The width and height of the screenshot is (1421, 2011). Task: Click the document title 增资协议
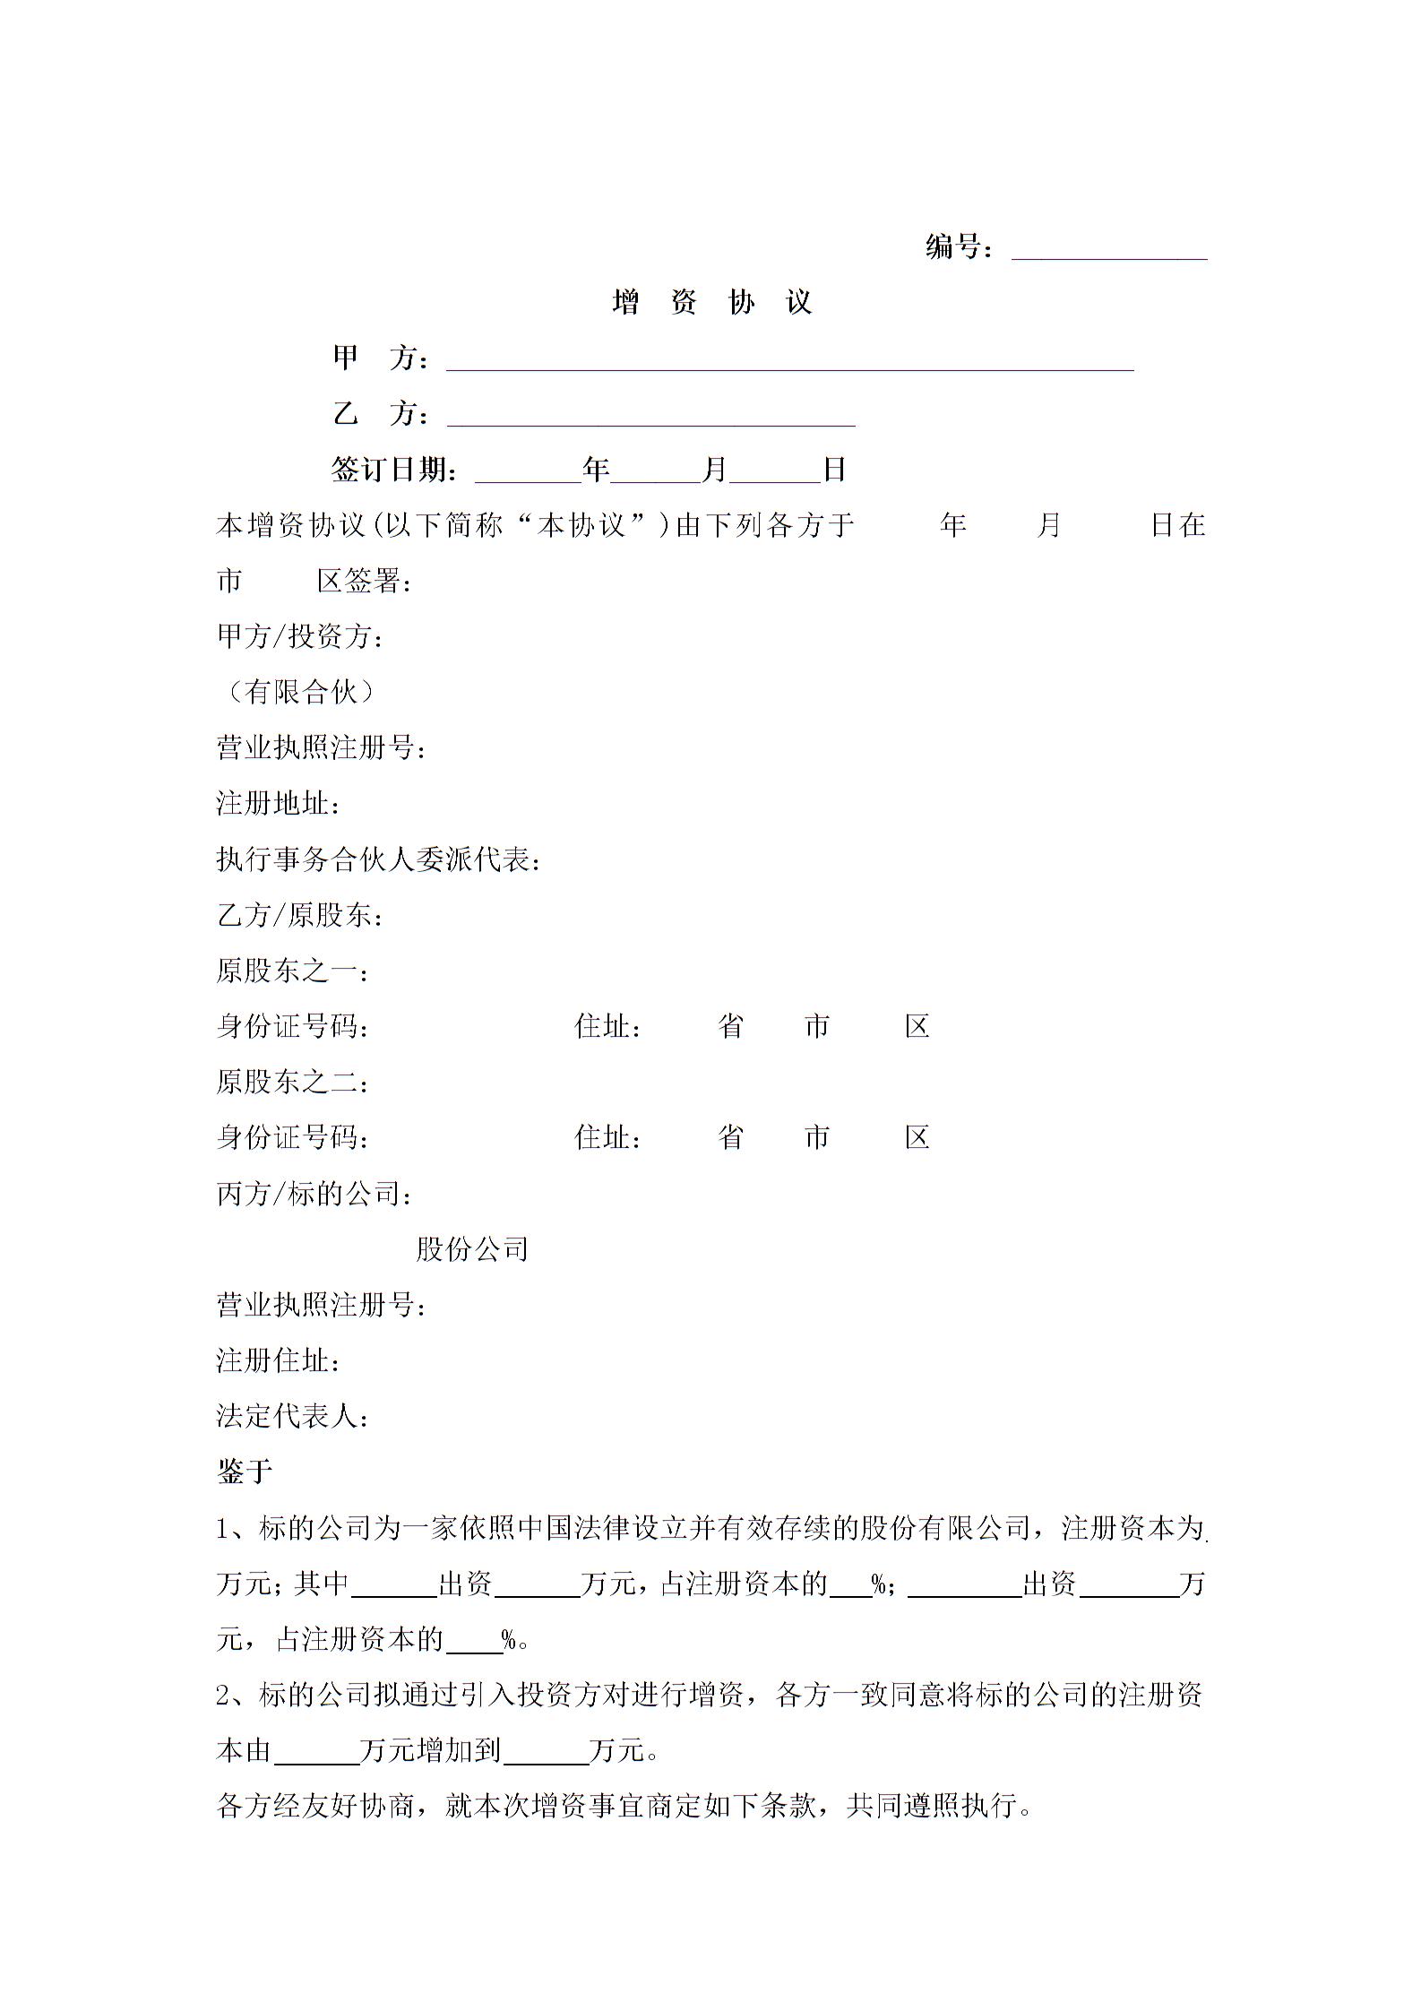[x=711, y=303]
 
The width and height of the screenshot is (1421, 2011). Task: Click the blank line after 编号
[x=1109, y=248]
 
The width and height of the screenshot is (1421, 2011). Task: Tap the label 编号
[x=957, y=246]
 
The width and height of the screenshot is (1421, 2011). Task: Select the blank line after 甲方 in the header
[x=789, y=359]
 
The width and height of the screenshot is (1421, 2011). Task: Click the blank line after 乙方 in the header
[x=650, y=415]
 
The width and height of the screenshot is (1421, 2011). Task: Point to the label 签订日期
[x=394, y=470]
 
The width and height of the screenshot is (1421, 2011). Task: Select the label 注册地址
[x=278, y=803]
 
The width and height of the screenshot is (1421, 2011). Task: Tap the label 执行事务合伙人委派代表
[x=378, y=859]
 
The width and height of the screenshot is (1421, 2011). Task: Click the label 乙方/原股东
[x=300, y=915]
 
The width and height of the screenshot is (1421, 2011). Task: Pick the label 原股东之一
[x=292, y=971]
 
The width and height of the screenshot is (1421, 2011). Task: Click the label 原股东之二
[x=292, y=1082]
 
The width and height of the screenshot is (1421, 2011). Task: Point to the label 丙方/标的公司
[x=314, y=1194]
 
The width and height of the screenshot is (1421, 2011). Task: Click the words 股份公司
[x=472, y=1249]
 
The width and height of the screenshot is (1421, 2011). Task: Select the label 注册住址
[x=278, y=1360]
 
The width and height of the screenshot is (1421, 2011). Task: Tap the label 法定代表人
[x=292, y=1416]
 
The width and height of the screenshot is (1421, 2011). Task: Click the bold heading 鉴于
[x=245, y=1472]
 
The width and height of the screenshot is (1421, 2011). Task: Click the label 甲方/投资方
[x=300, y=636]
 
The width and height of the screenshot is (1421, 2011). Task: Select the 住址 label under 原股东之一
[x=607, y=1026]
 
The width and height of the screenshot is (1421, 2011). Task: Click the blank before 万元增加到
[x=315, y=1752]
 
